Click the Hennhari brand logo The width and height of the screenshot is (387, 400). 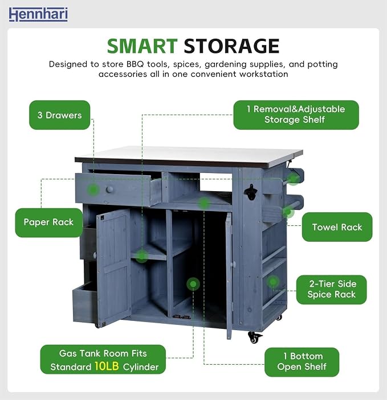coord(38,14)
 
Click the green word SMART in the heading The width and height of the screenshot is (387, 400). coord(142,46)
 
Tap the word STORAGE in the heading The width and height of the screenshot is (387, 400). coord(231,46)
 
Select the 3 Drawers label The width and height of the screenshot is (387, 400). coord(59,115)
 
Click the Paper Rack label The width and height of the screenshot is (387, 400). coord(49,222)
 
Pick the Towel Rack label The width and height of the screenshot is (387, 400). coord(337,227)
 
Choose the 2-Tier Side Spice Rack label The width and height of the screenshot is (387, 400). coord(332,290)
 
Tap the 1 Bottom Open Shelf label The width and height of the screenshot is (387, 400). coord(302,362)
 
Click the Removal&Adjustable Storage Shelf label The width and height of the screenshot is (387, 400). coord(296,115)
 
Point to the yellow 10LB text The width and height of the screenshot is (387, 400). coord(107,366)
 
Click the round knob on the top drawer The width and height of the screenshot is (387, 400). coord(109,189)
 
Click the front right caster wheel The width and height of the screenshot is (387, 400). coord(254,337)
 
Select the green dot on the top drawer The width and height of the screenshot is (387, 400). coord(93,190)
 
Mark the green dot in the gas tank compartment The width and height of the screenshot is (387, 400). coord(193,284)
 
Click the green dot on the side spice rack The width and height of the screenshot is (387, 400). coord(273,282)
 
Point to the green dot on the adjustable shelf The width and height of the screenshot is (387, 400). coord(141,256)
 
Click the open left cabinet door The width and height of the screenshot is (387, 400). coord(114,267)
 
